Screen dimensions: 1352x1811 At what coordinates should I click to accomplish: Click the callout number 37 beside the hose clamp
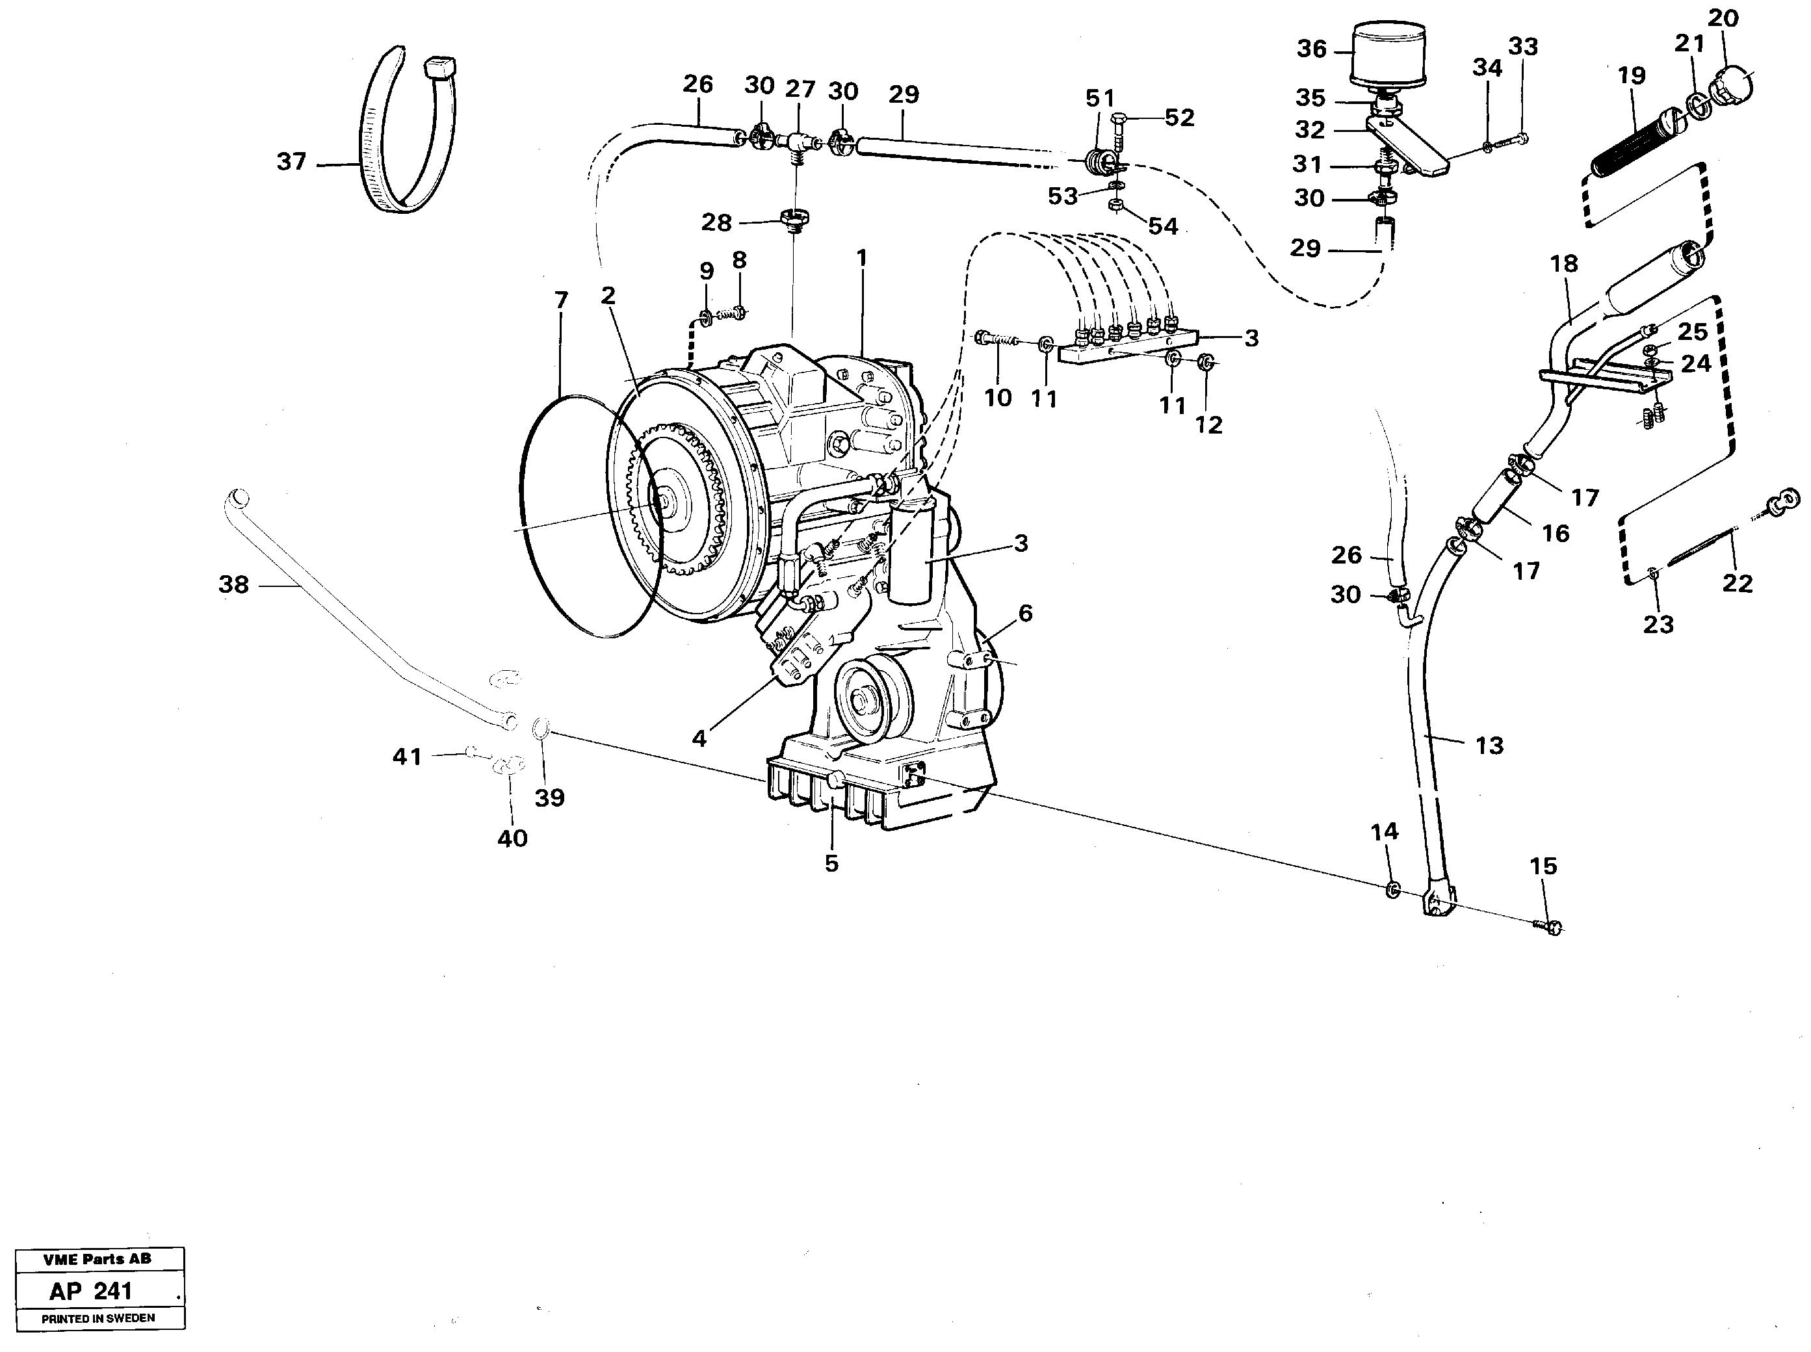pos(291,162)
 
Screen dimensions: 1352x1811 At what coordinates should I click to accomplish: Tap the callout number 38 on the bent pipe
pos(233,584)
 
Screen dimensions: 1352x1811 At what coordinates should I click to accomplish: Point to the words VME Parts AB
pos(98,1258)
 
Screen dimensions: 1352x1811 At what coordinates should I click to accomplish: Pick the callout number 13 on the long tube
pos(1489,746)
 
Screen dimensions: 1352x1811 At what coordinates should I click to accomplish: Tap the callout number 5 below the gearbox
pos(831,863)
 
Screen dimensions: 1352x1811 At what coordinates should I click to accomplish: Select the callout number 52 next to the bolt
pos(1179,118)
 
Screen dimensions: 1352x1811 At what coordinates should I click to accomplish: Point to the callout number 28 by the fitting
pos(716,222)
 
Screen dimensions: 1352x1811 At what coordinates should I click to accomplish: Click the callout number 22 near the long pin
pos(1738,584)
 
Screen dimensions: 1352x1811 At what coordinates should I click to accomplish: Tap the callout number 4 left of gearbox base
pos(698,739)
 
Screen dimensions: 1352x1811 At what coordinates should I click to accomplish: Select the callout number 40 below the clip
pos(512,838)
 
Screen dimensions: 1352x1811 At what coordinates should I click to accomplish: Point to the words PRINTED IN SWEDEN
pos(98,1318)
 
